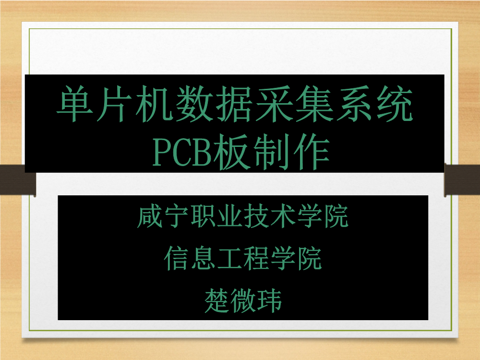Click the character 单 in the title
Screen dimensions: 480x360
click(75, 104)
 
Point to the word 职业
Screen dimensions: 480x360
click(216, 216)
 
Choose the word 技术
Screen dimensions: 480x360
click(269, 216)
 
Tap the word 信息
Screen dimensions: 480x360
click(189, 259)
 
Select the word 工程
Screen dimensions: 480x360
click(242, 259)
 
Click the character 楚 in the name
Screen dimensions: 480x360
click(216, 301)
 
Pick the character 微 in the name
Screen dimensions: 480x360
click(243, 301)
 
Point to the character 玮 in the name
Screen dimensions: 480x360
click(269, 301)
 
